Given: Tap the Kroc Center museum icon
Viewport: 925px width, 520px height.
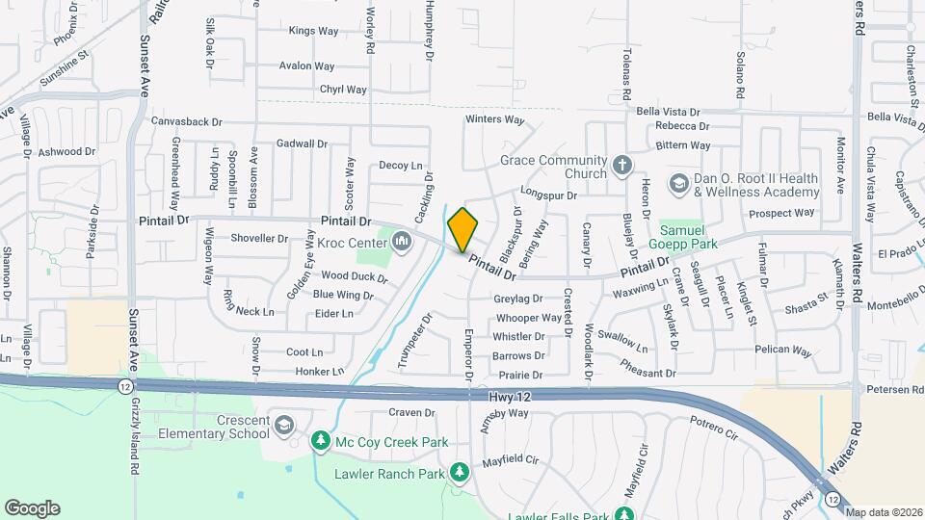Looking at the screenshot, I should tap(402, 241).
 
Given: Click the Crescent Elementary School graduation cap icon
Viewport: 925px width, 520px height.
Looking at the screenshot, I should tap(284, 425).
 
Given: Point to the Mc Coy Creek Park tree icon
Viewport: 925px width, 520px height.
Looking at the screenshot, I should tap(320, 441).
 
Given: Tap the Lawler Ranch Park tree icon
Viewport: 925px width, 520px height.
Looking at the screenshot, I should tap(460, 472).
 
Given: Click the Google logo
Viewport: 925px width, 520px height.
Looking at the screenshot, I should tap(32, 507).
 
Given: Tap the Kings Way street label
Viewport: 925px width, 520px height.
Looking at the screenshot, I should tap(314, 31).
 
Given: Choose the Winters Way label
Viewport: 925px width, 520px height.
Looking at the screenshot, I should tap(494, 119).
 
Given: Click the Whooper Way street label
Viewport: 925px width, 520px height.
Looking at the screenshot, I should tap(528, 318).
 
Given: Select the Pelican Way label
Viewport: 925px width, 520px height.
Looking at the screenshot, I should tap(783, 350).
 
